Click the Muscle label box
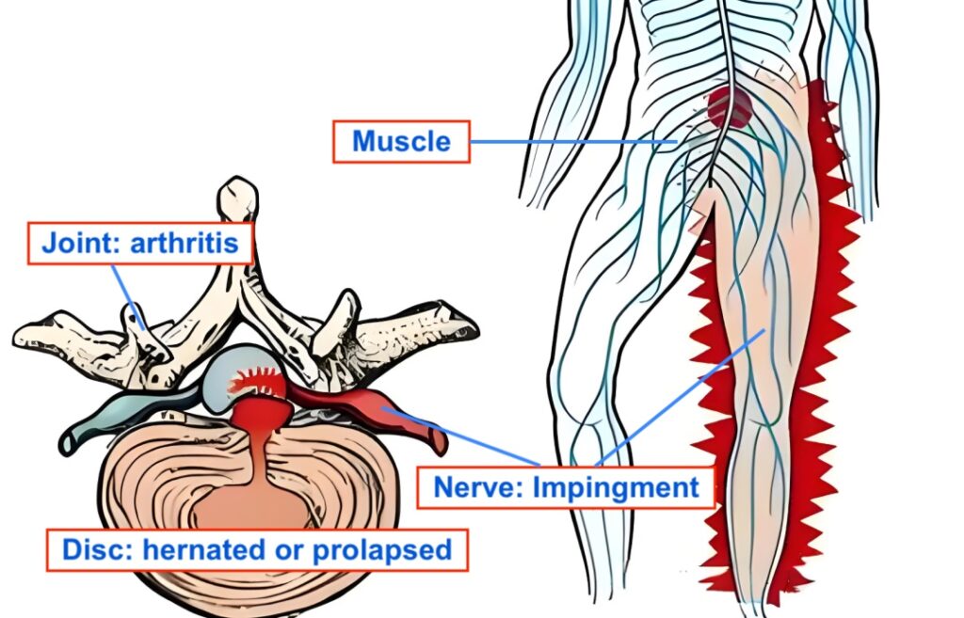401,141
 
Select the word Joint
76,244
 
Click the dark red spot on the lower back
730,107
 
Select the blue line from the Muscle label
574,141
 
